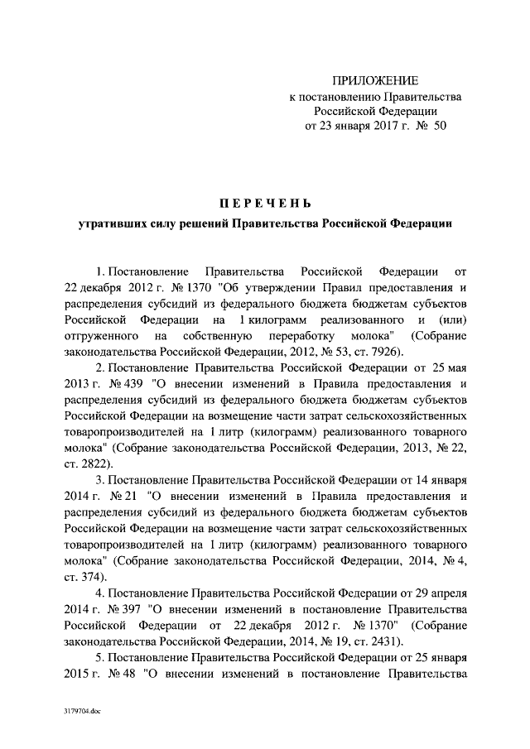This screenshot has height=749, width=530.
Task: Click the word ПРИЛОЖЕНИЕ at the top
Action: point(375,80)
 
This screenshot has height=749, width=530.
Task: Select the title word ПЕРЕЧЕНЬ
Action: point(264,204)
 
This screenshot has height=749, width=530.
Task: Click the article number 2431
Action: point(383,641)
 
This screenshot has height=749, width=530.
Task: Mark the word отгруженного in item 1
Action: point(101,336)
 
